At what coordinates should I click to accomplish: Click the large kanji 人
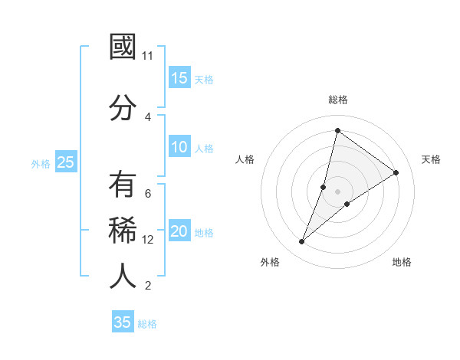[123, 276]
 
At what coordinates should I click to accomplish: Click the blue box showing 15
[179, 78]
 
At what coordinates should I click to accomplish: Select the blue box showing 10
[179, 147]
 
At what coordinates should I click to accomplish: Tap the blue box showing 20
[179, 231]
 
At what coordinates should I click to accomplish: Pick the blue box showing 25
[66, 162]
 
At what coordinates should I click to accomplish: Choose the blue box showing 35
[123, 322]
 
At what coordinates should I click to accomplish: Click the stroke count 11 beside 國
[148, 56]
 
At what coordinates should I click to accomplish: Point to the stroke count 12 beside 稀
[148, 240]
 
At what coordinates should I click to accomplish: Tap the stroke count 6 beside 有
[148, 193]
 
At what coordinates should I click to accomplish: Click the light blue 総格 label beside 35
[147, 324]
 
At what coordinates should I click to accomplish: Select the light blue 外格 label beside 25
[41, 163]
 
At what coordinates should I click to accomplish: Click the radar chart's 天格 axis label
[431, 159]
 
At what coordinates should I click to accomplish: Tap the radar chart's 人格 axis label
[245, 159]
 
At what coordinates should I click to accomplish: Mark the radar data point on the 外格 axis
[302, 242]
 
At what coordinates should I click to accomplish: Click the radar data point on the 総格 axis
[337, 130]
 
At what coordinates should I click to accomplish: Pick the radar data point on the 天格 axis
[396, 172]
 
